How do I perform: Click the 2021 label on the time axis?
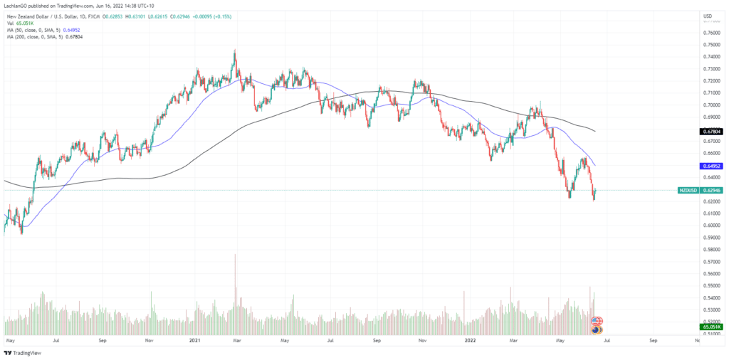(x=194, y=341)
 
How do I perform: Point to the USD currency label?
(x=708, y=16)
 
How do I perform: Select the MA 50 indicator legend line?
(x=50, y=31)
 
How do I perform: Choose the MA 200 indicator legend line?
(x=51, y=38)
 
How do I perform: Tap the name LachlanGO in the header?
(x=18, y=6)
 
